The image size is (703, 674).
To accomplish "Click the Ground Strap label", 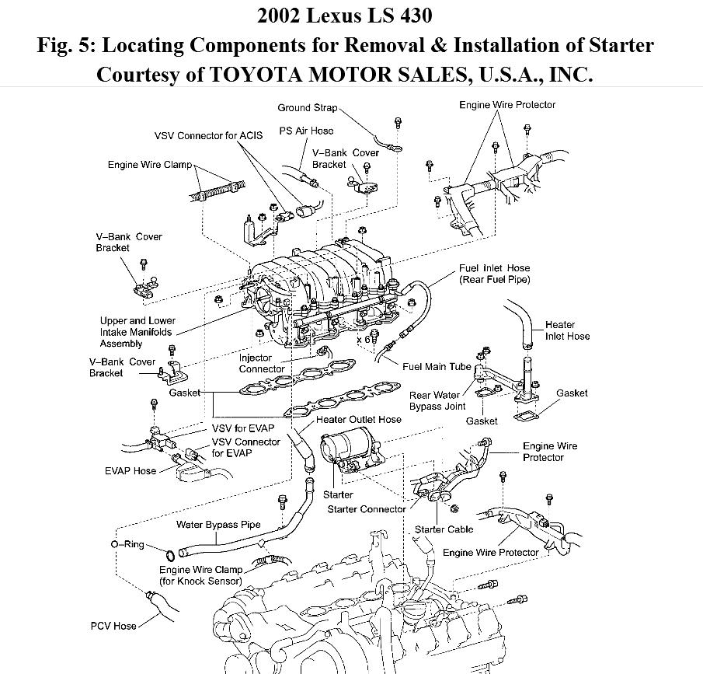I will (308, 108).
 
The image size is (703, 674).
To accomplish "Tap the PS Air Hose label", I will (306, 131).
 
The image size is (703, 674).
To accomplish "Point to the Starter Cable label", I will (444, 529).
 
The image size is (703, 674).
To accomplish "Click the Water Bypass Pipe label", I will (218, 524).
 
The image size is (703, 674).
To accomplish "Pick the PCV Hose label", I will (113, 625).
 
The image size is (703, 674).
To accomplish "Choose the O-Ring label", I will (127, 544).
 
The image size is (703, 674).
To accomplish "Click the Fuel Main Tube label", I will (437, 366).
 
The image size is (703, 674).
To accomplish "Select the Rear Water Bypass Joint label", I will (438, 400).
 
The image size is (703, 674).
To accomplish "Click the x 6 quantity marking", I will (364, 340).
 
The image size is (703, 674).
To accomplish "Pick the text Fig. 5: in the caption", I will (67, 44).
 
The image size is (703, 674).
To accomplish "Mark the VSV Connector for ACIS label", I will (208, 135).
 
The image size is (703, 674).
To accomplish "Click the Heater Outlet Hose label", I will (359, 420).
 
